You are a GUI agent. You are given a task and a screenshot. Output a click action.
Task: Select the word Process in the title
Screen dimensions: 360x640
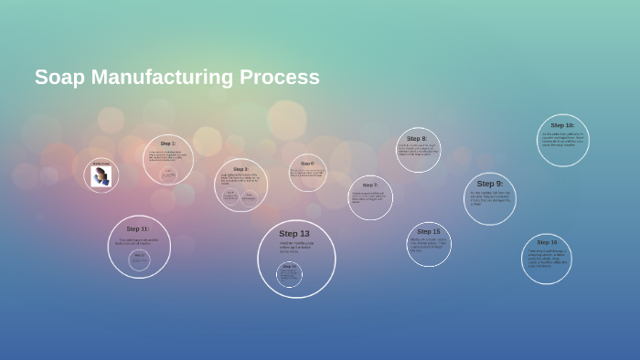[283, 78]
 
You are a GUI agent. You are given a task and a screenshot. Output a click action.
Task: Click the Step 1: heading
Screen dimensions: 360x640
[168, 143]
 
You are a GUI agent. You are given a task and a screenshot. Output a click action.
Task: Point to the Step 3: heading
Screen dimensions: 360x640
[240, 169]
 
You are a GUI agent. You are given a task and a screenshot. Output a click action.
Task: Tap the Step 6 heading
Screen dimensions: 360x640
[307, 164]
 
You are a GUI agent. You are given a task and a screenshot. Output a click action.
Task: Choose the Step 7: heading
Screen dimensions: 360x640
[369, 185]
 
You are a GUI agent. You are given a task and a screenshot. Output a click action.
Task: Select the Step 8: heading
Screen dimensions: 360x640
[417, 139]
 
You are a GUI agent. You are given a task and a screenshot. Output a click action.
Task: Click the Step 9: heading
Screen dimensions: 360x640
[490, 184]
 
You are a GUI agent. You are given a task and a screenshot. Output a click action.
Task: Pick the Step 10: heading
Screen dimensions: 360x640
[562, 125]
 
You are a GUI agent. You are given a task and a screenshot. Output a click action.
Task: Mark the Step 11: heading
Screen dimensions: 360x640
[138, 228]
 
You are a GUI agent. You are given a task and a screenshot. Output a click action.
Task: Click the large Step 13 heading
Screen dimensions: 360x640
[294, 234]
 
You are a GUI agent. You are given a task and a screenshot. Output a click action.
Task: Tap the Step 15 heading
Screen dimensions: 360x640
[429, 231]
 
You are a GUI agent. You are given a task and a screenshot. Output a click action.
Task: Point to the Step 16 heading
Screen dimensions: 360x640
[547, 243]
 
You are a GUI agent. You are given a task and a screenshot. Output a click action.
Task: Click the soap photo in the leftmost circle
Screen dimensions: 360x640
[101, 176]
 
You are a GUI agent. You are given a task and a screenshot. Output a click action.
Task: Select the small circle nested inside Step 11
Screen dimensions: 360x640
[139, 260]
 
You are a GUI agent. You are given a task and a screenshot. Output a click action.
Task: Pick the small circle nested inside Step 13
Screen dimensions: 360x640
[289, 274]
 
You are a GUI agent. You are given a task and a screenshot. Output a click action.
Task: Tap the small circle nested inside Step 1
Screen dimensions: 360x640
[169, 174]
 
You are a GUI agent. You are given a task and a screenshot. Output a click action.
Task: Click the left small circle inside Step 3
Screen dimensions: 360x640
[230, 196]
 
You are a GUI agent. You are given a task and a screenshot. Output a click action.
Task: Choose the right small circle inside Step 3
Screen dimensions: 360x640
[250, 196]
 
